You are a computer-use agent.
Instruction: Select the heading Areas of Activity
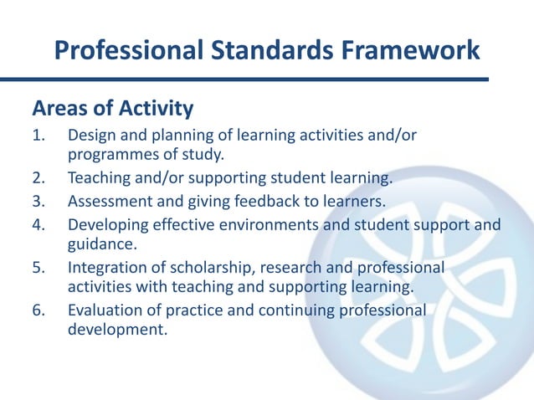(112, 109)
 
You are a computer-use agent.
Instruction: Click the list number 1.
(39, 135)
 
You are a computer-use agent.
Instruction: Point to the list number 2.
(39, 178)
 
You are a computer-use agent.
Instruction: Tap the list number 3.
(39, 201)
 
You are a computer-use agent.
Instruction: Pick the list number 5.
(39, 268)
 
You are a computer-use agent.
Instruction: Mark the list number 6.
(39, 311)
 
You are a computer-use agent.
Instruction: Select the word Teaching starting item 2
(98, 178)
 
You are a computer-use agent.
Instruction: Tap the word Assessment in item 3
(107, 201)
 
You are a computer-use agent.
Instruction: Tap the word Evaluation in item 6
(104, 311)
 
